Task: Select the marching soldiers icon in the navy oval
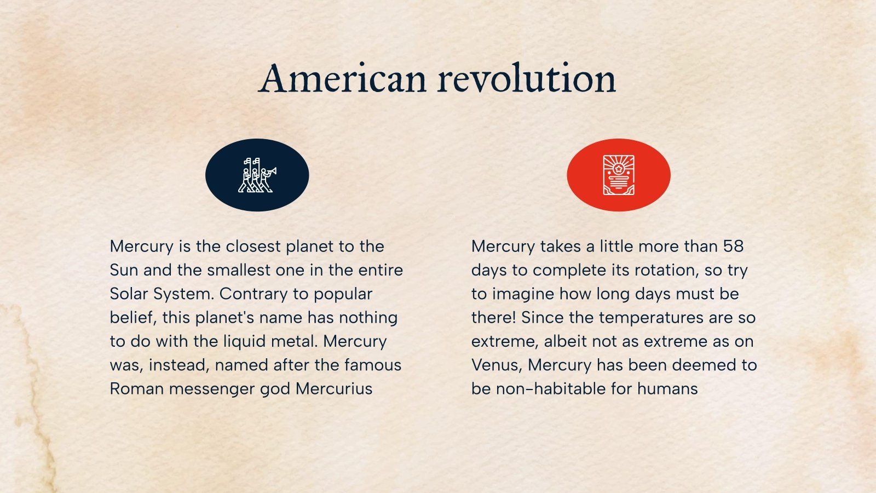point(257,175)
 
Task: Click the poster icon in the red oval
point(619,175)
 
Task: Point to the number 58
point(733,246)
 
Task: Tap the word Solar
point(130,294)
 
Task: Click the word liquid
point(245,341)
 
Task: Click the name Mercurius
point(334,389)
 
